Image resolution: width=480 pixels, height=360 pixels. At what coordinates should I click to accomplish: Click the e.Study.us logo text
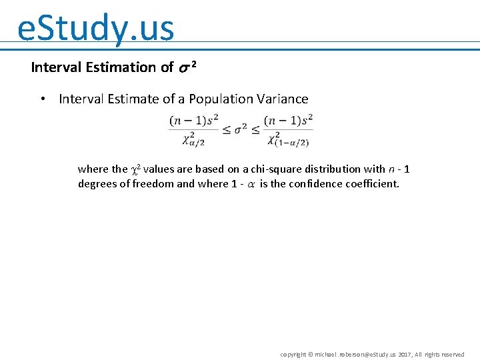(x=95, y=28)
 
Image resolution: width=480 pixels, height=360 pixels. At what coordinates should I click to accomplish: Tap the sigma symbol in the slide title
(x=185, y=67)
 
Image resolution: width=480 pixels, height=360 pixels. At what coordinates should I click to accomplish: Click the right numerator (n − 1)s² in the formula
(x=288, y=121)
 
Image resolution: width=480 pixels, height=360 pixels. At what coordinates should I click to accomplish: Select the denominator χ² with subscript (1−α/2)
(x=289, y=139)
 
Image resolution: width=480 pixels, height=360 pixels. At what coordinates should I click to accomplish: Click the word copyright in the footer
(x=293, y=354)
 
